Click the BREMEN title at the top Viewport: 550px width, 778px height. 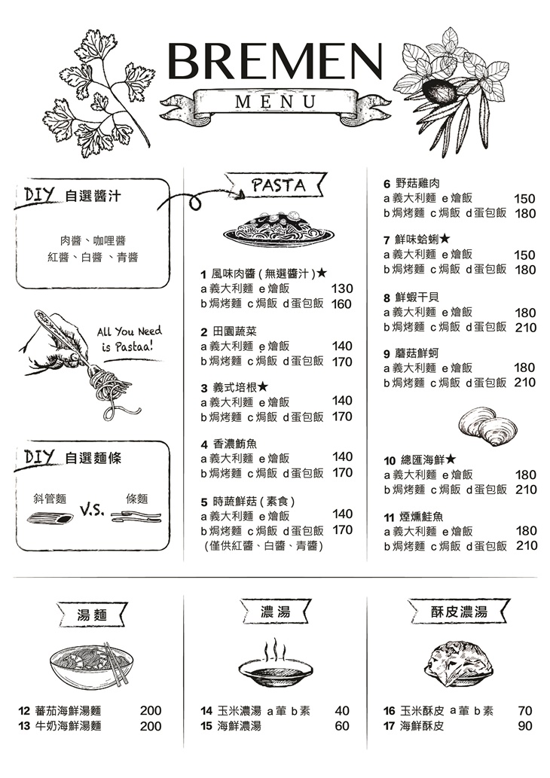click(275, 62)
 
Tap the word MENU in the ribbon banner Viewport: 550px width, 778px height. click(276, 102)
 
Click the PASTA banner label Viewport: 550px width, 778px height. click(278, 185)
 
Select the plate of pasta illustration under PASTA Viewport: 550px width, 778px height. click(279, 229)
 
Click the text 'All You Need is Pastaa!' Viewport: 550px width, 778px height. click(129, 339)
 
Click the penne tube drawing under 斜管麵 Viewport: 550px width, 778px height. click(50, 518)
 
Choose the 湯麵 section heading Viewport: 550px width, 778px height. click(93, 615)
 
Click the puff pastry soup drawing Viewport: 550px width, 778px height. click(458, 664)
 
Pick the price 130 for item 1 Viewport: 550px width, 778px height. click(342, 289)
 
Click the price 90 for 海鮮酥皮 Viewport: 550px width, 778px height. click(525, 726)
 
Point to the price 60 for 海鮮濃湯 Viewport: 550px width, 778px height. click(342, 726)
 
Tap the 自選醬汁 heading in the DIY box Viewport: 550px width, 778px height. click(93, 197)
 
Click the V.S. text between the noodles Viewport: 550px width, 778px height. click(91, 511)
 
